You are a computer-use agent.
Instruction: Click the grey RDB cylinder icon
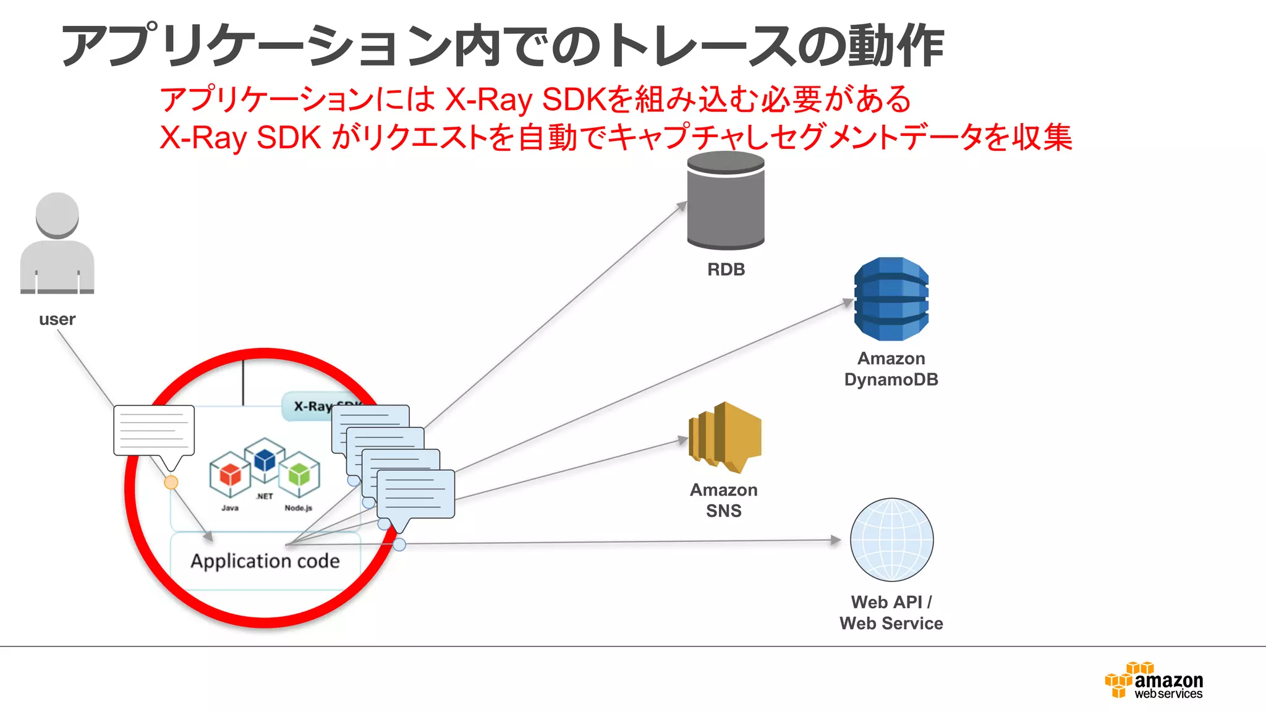click(x=726, y=201)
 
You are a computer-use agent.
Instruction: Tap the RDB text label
click(x=726, y=269)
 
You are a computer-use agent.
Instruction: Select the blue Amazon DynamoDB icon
click(x=891, y=299)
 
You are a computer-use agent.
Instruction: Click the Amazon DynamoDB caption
click(x=891, y=369)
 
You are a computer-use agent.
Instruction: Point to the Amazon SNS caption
click(x=723, y=500)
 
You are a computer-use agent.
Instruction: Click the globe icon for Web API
click(x=891, y=540)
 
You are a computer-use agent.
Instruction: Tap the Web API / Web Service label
click(x=891, y=612)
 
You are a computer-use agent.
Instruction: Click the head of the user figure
click(x=57, y=215)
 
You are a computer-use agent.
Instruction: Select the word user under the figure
click(x=57, y=320)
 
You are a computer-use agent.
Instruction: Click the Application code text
click(x=265, y=561)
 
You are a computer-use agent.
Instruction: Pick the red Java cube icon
click(x=230, y=475)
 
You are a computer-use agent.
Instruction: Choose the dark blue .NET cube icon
click(x=265, y=460)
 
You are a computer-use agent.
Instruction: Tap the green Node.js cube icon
click(x=299, y=475)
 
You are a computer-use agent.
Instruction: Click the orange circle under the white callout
click(x=171, y=483)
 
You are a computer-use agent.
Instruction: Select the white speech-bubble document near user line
click(x=154, y=430)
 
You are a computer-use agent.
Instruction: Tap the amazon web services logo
click(x=1153, y=681)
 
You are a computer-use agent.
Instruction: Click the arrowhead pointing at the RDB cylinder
click(x=682, y=206)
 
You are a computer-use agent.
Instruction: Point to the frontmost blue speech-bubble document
click(x=415, y=494)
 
